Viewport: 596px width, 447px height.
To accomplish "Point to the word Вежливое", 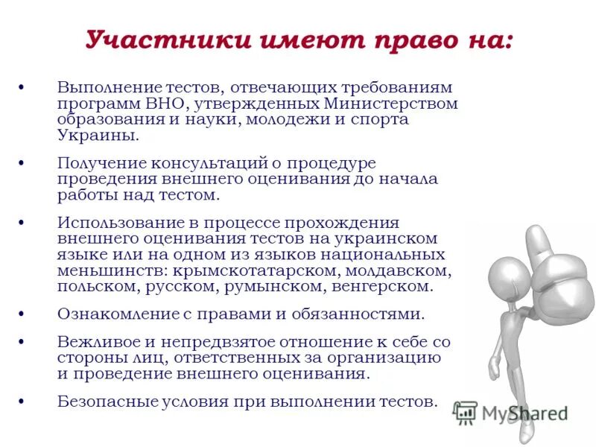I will coord(94,342).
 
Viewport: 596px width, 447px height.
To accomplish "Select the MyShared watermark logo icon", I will coord(466,412).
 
